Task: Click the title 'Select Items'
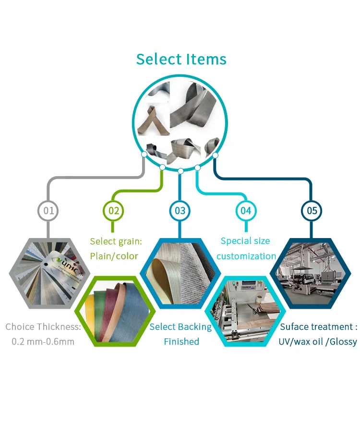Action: [x=181, y=59]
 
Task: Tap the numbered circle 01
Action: [x=48, y=210]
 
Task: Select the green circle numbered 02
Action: [x=113, y=210]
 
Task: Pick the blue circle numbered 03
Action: [x=180, y=210]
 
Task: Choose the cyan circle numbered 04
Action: [x=246, y=210]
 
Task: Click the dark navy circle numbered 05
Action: [x=312, y=210]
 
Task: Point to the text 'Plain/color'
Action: [x=114, y=256]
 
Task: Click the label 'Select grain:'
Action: [x=116, y=241]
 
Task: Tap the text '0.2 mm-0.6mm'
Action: [x=43, y=342]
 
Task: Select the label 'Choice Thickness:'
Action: [x=43, y=327]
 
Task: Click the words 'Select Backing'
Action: [x=180, y=327]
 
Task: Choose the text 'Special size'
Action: [x=245, y=241]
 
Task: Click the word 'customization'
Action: [x=246, y=256]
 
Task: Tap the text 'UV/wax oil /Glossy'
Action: [x=318, y=342]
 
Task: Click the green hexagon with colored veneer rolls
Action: [x=114, y=310]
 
